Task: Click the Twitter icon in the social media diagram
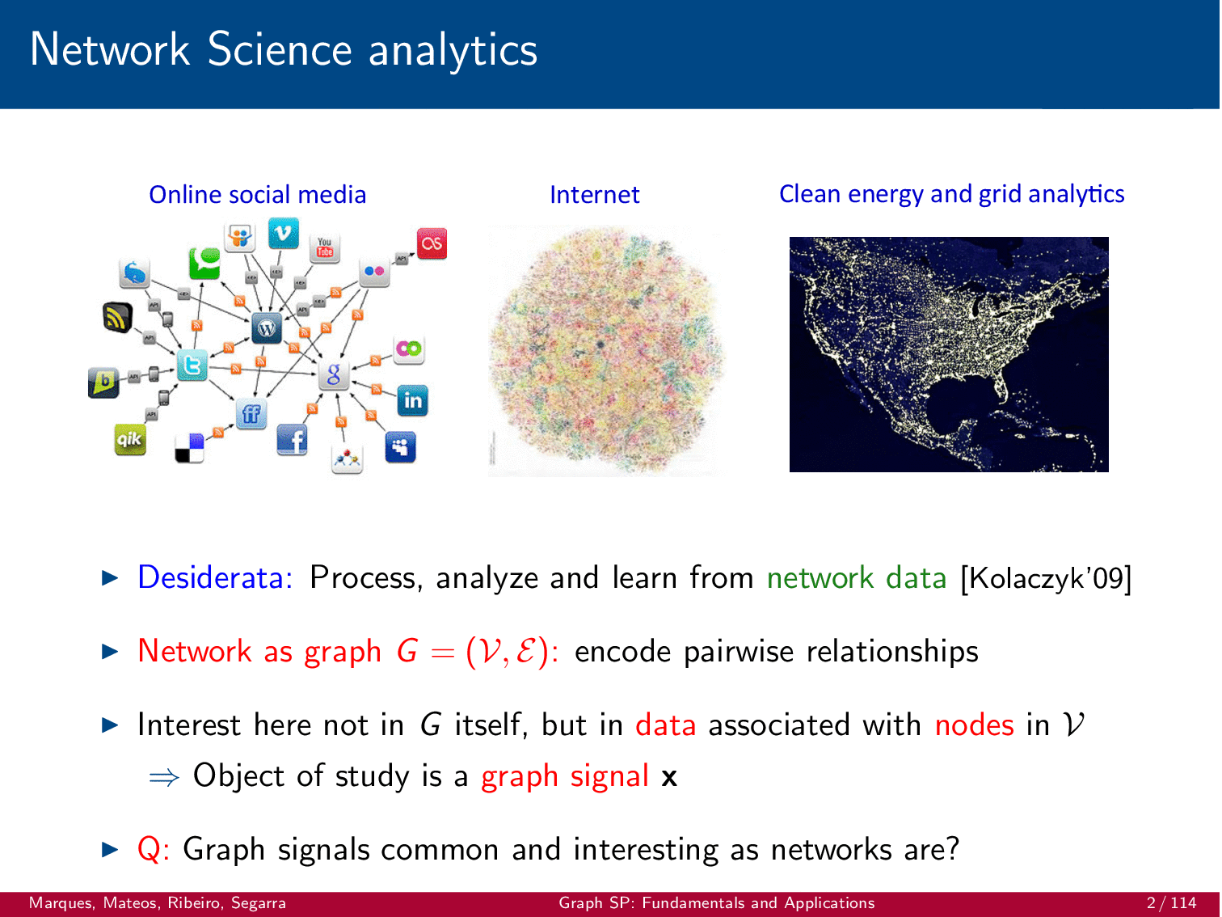coord(192,366)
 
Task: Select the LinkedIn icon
coord(412,400)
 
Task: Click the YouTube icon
coord(325,247)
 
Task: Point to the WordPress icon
coord(267,327)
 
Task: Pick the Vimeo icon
coord(284,233)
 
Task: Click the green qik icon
coord(130,439)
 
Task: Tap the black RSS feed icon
coord(118,317)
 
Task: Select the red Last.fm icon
coord(432,243)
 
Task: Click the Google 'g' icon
coord(334,374)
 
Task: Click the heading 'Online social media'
coord(257,195)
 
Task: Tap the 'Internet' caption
coord(595,195)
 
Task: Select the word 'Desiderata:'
coord(216,577)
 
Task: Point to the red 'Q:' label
coord(154,850)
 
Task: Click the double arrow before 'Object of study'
coord(164,777)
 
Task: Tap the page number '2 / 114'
coord(1171,902)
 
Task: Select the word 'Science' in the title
coord(280,49)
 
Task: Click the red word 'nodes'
coord(974,725)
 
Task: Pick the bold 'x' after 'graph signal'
coord(669,777)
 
